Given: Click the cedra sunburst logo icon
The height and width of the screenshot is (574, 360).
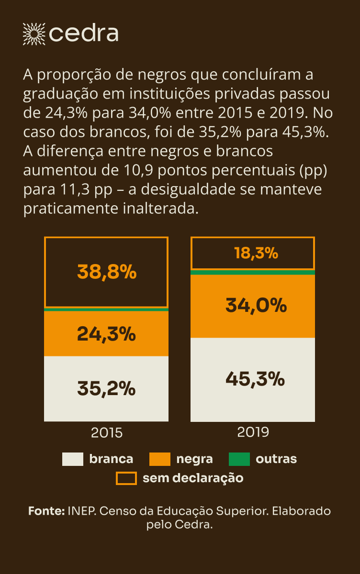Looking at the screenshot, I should (x=34, y=33).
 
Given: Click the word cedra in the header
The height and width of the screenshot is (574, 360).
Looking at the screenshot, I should (x=84, y=33).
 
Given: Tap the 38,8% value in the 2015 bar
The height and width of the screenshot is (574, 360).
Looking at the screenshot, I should (x=107, y=273).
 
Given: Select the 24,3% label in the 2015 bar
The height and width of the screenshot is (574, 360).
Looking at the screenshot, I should (x=106, y=334).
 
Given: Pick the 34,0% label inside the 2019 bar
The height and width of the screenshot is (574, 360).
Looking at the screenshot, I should (x=256, y=305).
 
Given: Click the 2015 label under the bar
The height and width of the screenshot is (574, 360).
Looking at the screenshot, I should (x=107, y=433).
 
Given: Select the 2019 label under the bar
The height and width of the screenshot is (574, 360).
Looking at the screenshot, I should (x=253, y=432).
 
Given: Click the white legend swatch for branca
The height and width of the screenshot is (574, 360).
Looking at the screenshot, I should (x=73, y=459).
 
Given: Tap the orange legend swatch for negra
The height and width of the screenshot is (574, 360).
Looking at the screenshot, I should (x=160, y=459).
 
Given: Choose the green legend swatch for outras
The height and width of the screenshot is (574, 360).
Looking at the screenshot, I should (x=239, y=459).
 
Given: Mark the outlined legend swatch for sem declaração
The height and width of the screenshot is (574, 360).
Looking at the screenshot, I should (x=126, y=478).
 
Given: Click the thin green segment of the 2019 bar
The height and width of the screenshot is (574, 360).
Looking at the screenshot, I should (x=253, y=272).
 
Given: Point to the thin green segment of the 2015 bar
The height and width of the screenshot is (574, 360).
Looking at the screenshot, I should (x=106, y=309).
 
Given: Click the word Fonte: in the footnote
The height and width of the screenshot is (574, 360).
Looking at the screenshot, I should (x=46, y=511).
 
